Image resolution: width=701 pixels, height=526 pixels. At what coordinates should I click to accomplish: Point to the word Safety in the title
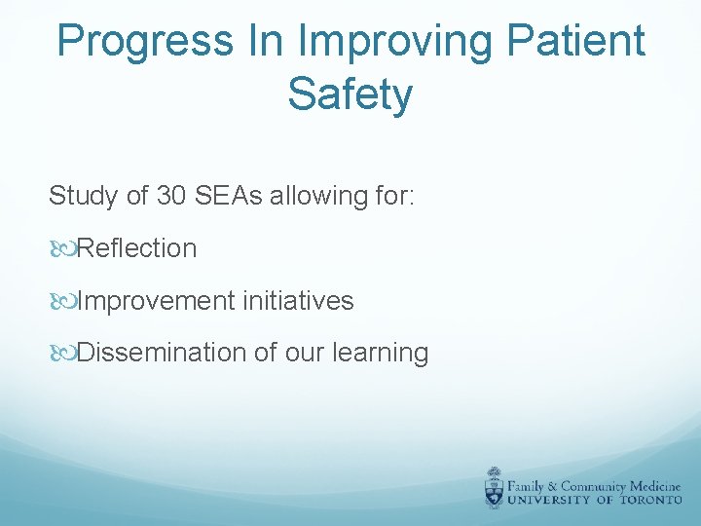click(x=350, y=94)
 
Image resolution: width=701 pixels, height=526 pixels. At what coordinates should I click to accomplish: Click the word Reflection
click(x=136, y=248)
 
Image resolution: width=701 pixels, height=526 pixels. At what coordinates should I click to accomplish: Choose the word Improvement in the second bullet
click(x=156, y=301)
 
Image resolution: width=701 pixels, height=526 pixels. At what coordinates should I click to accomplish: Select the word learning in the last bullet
click(x=381, y=354)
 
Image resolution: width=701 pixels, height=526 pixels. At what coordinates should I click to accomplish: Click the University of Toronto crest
click(x=496, y=487)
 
